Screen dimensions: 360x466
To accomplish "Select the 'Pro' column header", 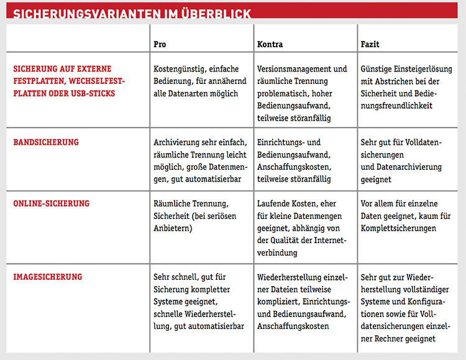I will [x=160, y=45].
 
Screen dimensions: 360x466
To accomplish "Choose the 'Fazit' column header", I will [x=370, y=45].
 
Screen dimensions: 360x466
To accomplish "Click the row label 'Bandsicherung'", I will [x=46, y=142].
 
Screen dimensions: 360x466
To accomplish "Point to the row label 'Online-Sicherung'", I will [x=52, y=203].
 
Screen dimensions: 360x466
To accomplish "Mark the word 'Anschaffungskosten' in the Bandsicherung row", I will [x=293, y=167].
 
